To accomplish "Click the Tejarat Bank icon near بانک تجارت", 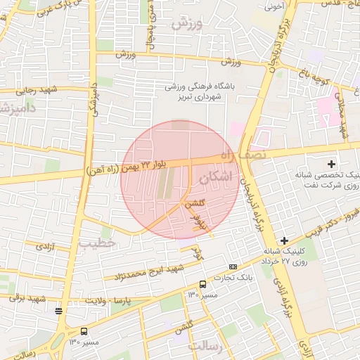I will coord(233,267).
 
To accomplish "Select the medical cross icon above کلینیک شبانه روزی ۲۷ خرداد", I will coord(283,241).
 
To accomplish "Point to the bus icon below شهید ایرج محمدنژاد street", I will coord(202,285).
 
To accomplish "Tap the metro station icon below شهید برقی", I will coord(59,310).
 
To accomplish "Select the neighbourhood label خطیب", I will coord(96,243).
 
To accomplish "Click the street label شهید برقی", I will coord(27,297).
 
